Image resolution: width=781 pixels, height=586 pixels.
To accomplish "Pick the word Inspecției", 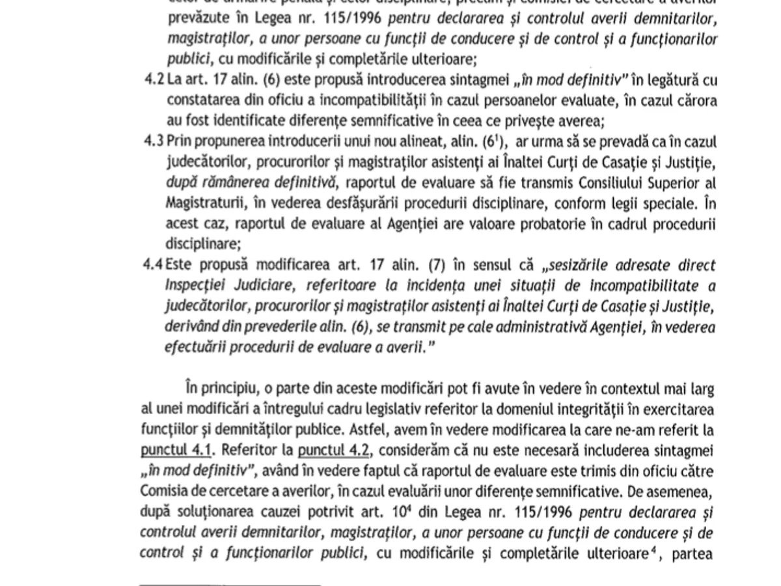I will click(194, 286).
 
